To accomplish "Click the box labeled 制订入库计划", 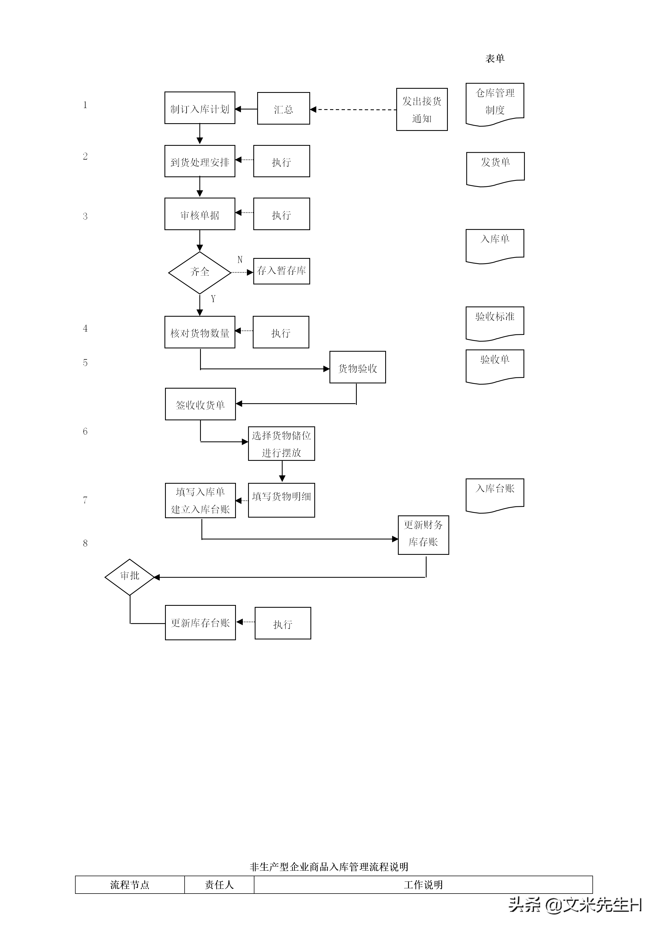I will coord(200,108).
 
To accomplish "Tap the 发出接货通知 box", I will coord(422,109).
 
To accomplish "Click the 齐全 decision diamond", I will coord(200,272).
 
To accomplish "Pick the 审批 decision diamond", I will coord(129,577).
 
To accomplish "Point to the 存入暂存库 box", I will coord(281,271).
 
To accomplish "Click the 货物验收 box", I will coord(357,367).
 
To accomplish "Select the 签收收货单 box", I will coord(200,404).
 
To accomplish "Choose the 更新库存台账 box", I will coord(200,622).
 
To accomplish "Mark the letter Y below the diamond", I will coord(213,299).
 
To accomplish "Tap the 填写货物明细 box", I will coord(281,500).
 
